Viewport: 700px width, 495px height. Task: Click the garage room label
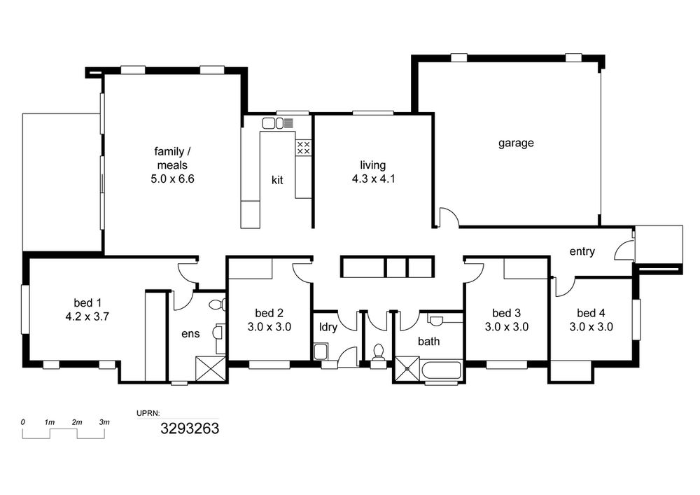pyautogui.click(x=516, y=144)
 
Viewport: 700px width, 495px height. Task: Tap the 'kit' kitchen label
pyautogui.click(x=277, y=180)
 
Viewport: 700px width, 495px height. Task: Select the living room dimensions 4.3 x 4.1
pyautogui.click(x=373, y=179)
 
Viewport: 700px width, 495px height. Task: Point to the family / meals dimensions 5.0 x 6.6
pyautogui.click(x=172, y=179)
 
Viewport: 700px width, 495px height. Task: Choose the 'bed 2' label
pyautogui.click(x=269, y=313)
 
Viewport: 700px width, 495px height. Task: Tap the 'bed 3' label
pyautogui.click(x=506, y=313)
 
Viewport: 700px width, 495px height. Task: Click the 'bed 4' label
pyautogui.click(x=591, y=313)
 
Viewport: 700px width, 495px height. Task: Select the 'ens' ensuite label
pyautogui.click(x=190, y=334)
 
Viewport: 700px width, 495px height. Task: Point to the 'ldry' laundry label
pyautogui.click(x=328, y=327)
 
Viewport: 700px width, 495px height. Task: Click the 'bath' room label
pyautogui.click(x=428, y=342)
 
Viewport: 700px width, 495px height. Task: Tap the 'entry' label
pyautogui.click(x=582, y=252)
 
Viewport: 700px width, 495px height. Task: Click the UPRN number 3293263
pyautogui.click(x=190, y=428)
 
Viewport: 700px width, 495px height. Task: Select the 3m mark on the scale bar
pyautogui.click(x=104, y=421)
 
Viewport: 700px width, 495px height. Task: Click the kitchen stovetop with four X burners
pyautogui.click(x=304, y=148)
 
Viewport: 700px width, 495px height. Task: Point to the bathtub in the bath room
pyautogui.click(x=440, y=371)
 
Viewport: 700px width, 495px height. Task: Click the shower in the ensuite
pyautogui.click(x=211, y=368)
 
